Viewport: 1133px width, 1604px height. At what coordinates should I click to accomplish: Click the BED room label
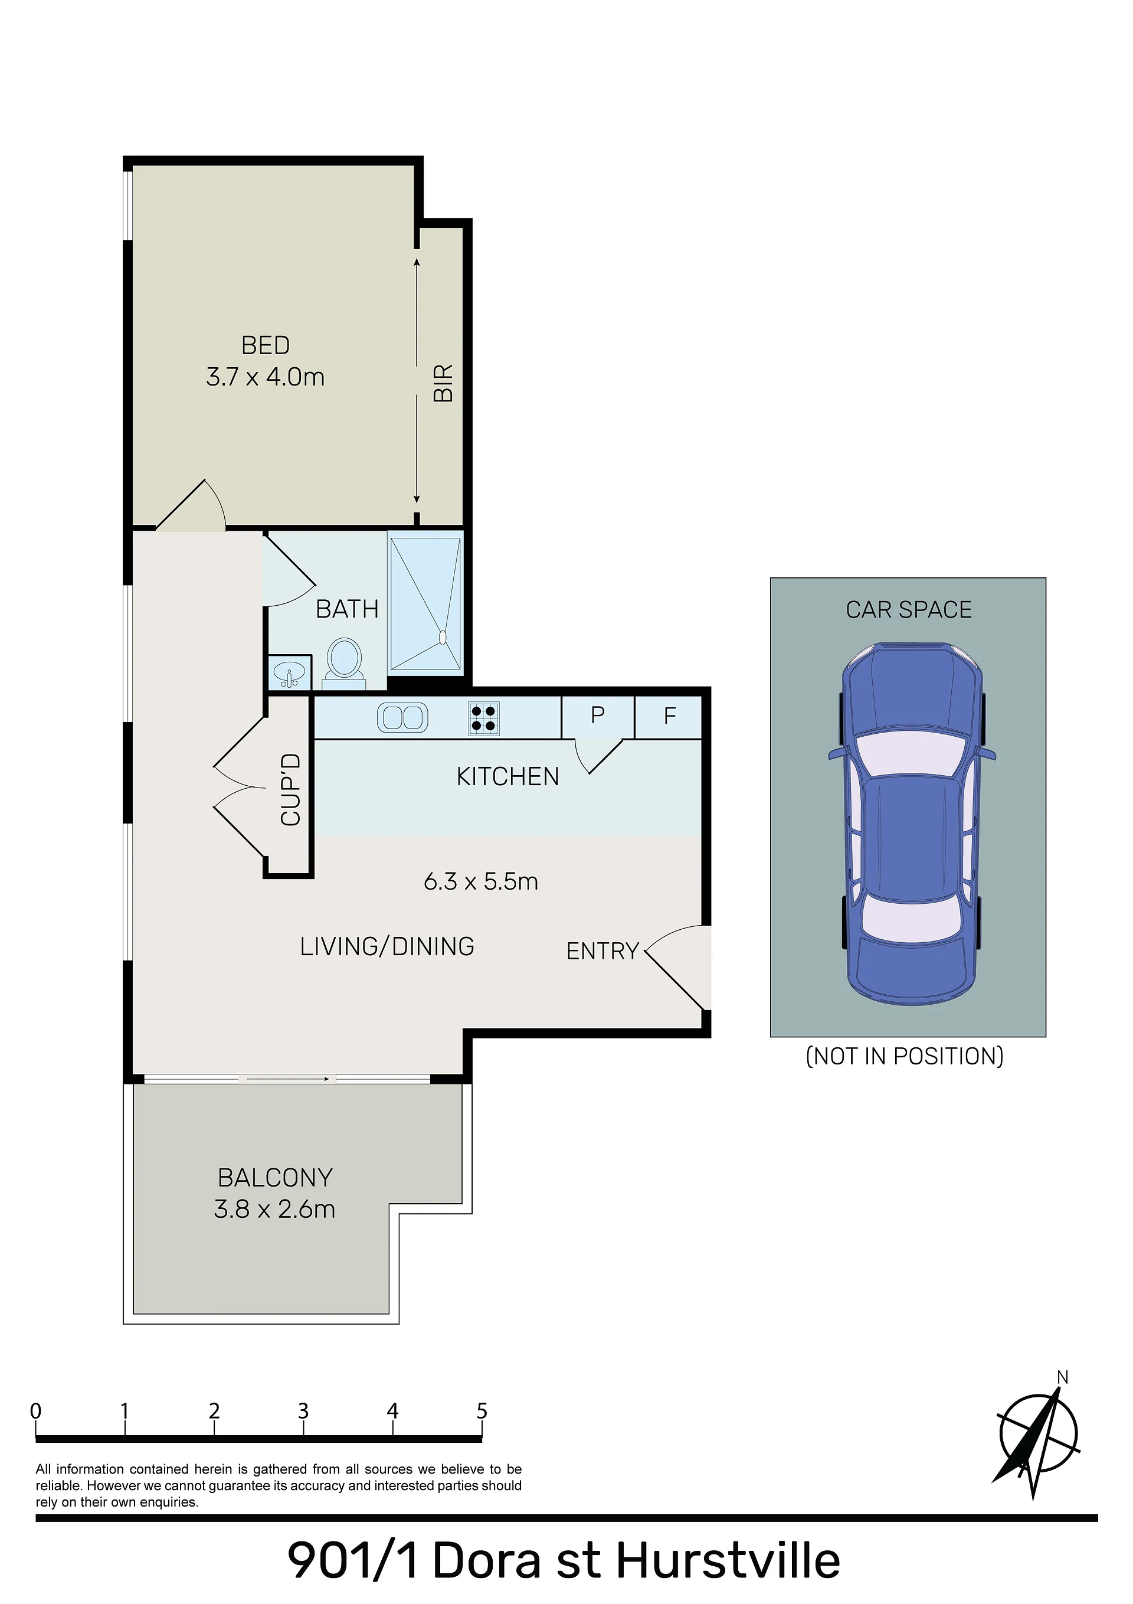[x=266, y=345]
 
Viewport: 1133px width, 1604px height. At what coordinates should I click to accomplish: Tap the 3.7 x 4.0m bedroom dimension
[x=266, y=377]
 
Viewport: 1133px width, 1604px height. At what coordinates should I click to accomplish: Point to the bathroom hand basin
[x=290, y=674]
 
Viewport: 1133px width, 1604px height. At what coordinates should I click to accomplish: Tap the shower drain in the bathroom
[x=442, y=637]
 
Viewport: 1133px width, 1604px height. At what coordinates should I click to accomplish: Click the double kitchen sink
[x=402, y=717]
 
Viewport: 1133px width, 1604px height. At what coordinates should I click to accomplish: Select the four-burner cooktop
[x=483, y=718]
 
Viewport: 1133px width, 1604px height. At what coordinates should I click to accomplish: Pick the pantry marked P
[x=598, y=717]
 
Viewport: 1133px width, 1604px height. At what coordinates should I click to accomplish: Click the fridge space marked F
[x=669, y=717]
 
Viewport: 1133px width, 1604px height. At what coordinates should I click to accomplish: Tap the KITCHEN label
[x=508, y=777]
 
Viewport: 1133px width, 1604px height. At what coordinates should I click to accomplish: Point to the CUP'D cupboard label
[x=290, y=789]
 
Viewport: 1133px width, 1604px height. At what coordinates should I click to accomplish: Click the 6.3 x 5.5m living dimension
[x=482, y=881]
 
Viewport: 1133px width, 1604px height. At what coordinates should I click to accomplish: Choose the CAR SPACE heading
[x=909, y=610]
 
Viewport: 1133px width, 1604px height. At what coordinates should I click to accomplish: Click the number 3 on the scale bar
[x=303, y=1411]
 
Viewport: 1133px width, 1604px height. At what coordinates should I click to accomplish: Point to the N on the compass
[x=1062, y=1378]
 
